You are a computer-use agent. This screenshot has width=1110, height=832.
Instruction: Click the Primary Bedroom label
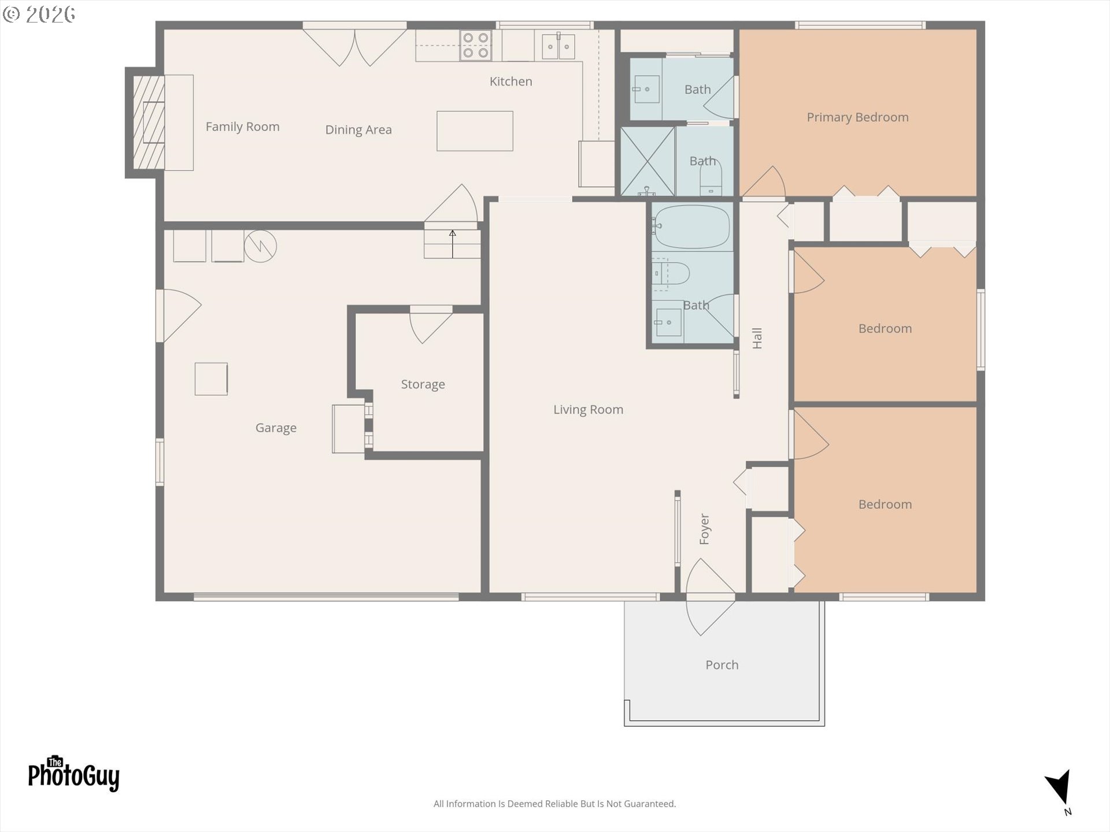857,117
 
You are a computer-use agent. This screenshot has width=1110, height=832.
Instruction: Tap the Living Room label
588,410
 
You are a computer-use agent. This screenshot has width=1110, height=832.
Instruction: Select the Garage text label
276,428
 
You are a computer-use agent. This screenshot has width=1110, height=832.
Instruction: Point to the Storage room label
423,385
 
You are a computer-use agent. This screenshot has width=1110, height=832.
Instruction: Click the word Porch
721,665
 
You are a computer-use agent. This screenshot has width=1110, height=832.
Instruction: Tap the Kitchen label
510,81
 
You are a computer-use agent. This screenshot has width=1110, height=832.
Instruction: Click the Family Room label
242,127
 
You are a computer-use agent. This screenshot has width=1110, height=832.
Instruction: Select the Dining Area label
358,130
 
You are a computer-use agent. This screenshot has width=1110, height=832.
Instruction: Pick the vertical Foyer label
704,529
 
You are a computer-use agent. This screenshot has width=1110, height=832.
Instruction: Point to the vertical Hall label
757,338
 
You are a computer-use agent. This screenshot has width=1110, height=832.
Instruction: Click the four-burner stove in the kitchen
476,46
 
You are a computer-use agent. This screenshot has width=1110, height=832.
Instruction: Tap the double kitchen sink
558,46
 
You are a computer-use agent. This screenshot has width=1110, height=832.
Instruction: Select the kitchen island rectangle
475,131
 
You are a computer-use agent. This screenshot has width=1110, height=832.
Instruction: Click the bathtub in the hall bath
692,226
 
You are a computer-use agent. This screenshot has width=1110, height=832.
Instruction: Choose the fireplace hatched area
149,122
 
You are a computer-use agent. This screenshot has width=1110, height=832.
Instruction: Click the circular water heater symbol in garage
260,247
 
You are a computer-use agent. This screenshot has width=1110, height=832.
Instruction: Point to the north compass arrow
1059,787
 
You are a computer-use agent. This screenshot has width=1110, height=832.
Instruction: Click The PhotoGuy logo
73,774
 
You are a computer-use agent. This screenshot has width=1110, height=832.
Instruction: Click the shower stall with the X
647,161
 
